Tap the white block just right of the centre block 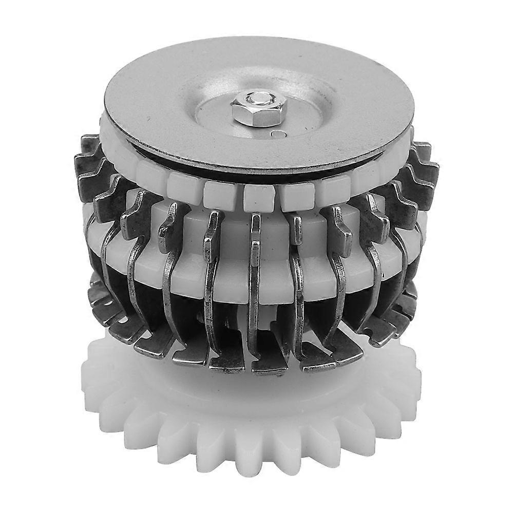click(x=297, y=194)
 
